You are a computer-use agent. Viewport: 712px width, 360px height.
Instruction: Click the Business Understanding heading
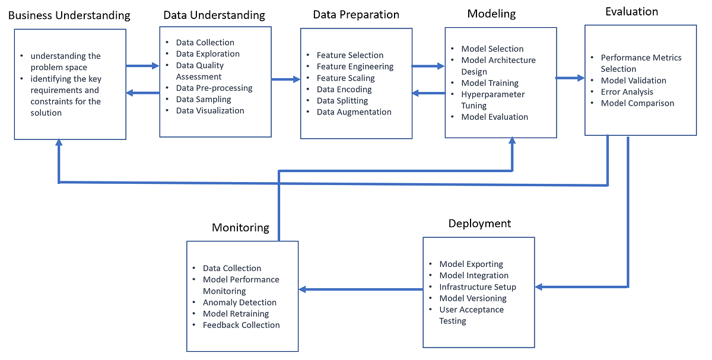tap(69, 15)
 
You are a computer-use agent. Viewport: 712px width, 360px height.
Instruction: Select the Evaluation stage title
tap(631, 11)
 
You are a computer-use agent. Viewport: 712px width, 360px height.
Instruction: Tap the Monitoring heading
tap(240, 228)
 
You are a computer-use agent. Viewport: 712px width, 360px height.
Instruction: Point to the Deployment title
tap(479, 224)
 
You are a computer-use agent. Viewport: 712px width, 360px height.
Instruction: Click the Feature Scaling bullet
tap(345, 78)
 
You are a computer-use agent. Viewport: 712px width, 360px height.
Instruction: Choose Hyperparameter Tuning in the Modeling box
tap(492, 100)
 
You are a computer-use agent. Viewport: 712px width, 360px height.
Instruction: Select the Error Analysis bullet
tap(627, 91)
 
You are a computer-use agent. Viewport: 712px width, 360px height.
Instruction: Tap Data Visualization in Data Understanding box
tap(209, 110)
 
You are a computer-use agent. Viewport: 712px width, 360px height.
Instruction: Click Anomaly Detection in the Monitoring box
tap(239, 302)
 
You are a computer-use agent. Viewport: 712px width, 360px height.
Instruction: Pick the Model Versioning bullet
tap(472, 298)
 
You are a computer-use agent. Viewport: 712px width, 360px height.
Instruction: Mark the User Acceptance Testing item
tap(471, 315)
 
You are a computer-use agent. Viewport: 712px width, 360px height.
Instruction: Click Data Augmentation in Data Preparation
tap(354, 111)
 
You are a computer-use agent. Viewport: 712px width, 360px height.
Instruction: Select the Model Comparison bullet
tap(637, 103)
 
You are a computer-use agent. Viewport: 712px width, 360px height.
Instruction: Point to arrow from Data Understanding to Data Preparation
tap(286, 78)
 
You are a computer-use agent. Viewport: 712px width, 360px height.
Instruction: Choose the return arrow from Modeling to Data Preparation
tap(428, 93)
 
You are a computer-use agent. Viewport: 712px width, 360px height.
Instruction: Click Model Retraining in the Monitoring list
tap(236, 313)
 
